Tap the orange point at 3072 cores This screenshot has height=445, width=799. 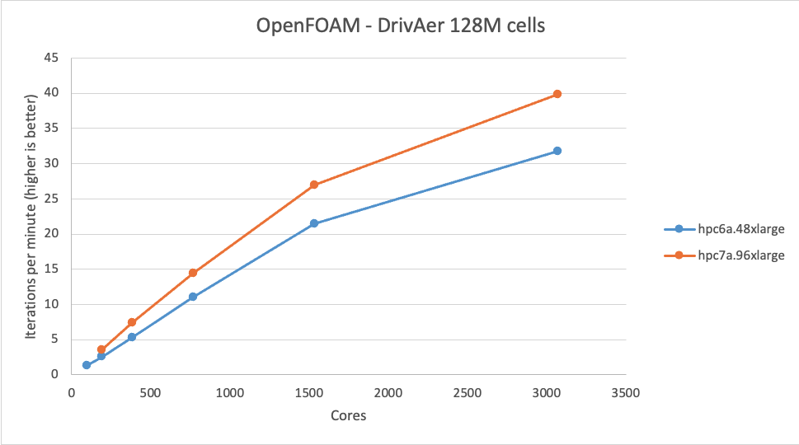(557, 94)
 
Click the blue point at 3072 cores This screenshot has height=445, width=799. (557, 151)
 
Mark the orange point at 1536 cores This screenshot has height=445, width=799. (314, 185)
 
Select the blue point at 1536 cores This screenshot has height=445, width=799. (314, 223)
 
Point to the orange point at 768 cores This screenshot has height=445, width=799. (193, 273)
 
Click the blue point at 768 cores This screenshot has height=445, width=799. (193, 297)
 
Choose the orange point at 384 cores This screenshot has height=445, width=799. (132, 322)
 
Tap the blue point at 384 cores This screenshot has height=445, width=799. (132, 337)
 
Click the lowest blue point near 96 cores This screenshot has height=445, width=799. (87, 365)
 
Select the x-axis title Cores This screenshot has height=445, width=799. (348, 416)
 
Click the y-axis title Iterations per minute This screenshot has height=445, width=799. (31, 216)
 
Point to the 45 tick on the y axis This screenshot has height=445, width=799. (52, 59)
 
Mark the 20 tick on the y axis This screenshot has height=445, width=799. (52, 234)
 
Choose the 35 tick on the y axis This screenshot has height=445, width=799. (52, 129)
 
